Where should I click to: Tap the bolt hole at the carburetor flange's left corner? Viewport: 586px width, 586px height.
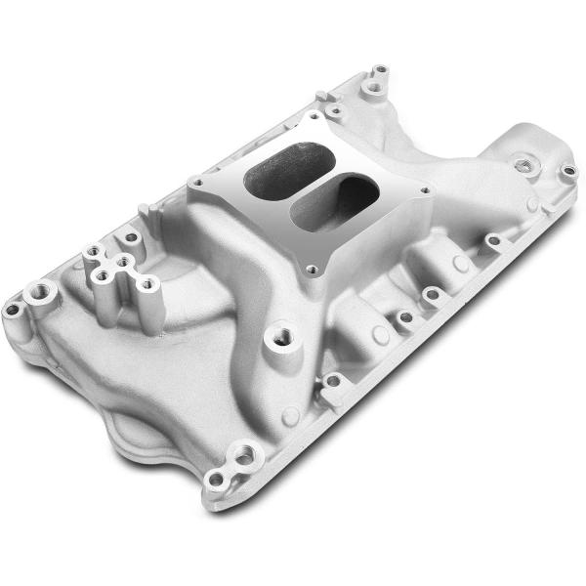click(x=199, y=182)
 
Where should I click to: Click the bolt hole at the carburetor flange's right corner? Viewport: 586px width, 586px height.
click(x=424, y=191)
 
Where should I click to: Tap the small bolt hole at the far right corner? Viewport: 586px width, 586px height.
click(x=568, y=172)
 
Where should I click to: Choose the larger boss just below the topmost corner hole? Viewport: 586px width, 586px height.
click(x=371, y=89)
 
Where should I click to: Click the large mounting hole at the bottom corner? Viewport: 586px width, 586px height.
click(x=242, y=453)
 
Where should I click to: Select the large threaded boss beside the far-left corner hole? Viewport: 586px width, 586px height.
click(x=43, y=290)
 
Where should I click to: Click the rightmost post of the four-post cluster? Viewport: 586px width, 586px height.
click(x=147, y=284)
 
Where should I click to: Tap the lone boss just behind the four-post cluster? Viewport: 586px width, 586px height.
click(x=129, y=236)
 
